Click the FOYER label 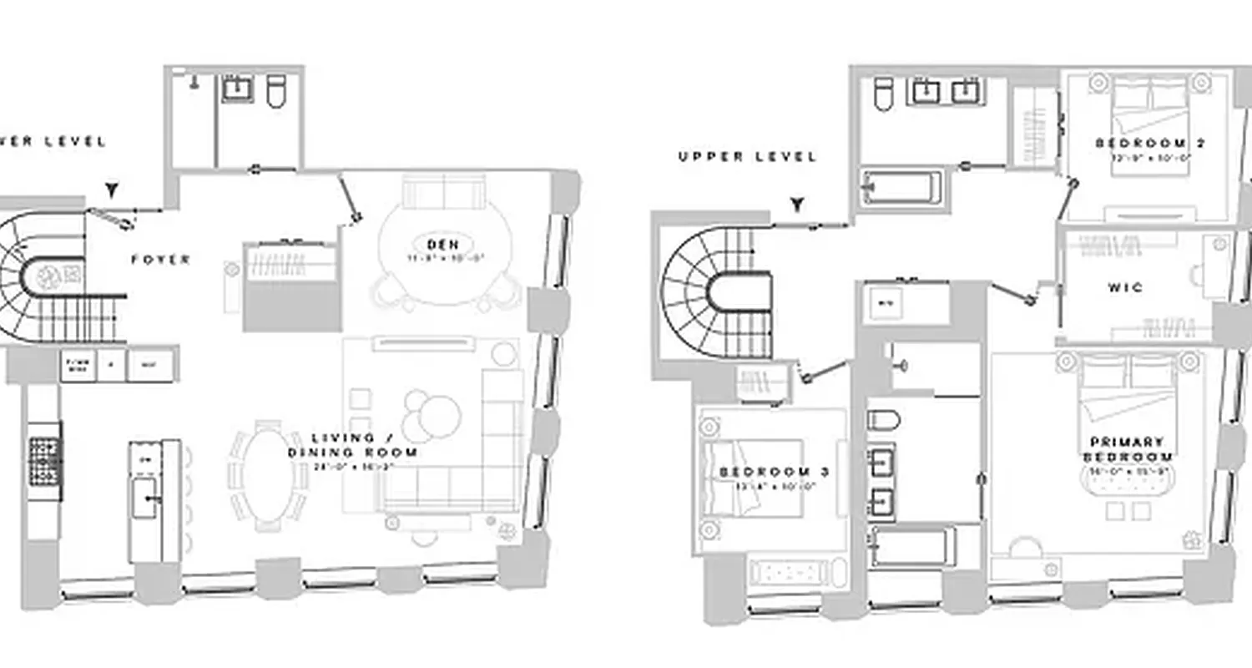click(x=160, y=260)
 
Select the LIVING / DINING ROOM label click(x=352, y=445)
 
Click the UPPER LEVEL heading click(x=747, y=156)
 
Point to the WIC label click(x=1126, y=287)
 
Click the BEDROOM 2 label click(x=1149, y=144)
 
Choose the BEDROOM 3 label click(x=774, y=472)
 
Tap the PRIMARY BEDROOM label click(x=1128, y=449)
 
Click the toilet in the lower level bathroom click(x=276, y=91)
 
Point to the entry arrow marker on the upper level click(x=799, y=204)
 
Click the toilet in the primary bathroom click(x=883, y=419)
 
